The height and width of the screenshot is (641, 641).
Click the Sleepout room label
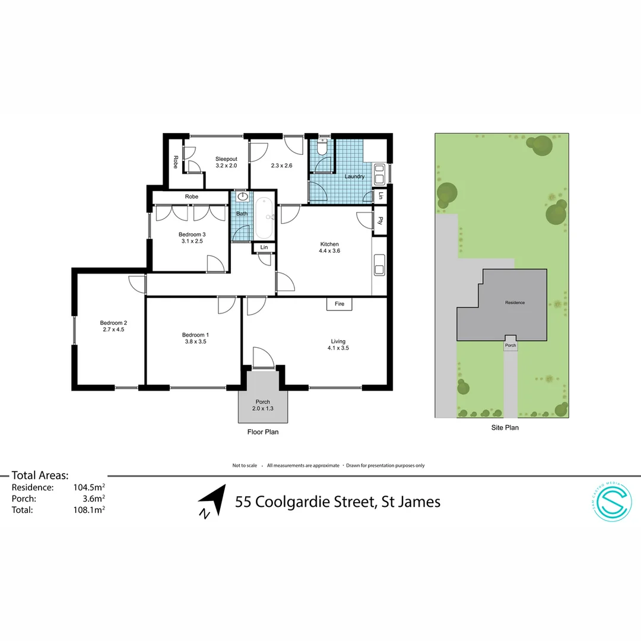point(226,159)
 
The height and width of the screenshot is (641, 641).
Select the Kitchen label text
point(329,244)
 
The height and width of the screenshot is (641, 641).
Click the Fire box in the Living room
point(339,304)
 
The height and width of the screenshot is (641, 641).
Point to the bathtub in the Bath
point(264,217)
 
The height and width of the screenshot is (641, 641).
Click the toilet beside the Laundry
point(322,147)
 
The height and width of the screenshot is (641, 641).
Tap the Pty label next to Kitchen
point(379,221)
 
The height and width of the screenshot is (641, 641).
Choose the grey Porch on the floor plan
point(262,405)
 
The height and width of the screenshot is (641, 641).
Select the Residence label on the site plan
point(515,303)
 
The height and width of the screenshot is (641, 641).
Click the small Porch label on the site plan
point(510,345)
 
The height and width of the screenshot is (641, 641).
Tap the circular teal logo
point(613,502)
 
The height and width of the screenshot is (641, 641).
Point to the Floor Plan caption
point(263,432)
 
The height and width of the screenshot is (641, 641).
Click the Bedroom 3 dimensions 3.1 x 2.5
point(192,241)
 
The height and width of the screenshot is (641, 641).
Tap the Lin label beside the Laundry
point(380,196)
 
